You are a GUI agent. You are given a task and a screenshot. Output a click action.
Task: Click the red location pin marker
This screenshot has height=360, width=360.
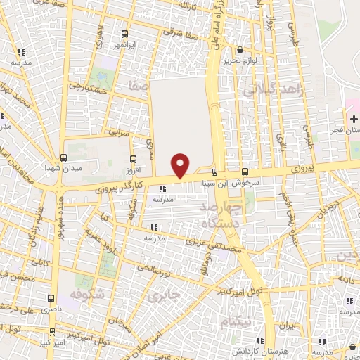(x=181, y=165)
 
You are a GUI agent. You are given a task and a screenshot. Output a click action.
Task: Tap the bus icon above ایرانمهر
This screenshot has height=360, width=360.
(x=125, y=34)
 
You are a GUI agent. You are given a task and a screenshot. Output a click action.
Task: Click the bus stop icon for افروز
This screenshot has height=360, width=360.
(x=134, y=159)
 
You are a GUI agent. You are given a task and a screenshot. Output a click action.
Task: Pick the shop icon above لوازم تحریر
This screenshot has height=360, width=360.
(x=241, y=50)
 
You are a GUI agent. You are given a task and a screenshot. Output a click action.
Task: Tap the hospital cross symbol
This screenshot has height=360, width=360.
(x=353, y=119)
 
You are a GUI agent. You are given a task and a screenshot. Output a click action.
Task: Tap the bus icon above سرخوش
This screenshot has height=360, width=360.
(x=245, y=172)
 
